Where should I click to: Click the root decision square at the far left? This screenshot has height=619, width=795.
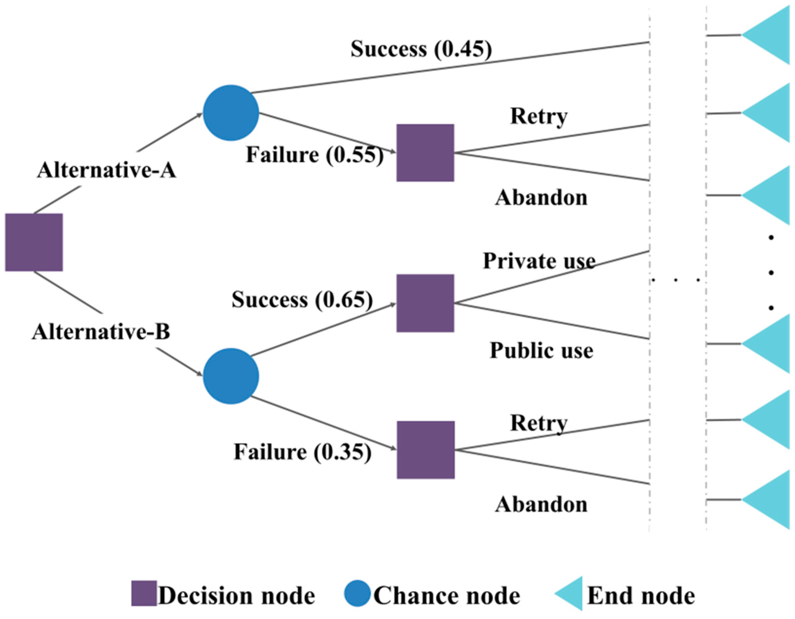pos(34,242)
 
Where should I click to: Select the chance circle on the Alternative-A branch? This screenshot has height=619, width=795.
pos(231,113)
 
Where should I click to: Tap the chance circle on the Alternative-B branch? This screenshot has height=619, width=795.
pos(231,376)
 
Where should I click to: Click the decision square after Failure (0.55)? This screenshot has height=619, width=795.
pos(425,153)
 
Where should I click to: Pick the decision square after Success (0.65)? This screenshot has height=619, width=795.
pos(425,303)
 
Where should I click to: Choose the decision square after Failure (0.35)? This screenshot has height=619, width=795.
pos(426,450)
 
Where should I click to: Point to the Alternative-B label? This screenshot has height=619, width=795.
pos(101,332)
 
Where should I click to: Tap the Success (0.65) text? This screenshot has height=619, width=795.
pos(302,300)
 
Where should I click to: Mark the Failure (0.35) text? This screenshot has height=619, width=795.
pos(302,452)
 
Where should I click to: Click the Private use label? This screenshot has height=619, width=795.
pos(539,261)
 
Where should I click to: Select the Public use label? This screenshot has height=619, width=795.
pos(541,351)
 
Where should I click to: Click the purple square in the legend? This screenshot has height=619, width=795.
pos(144,593)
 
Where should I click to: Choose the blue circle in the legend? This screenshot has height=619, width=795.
pos(357,593)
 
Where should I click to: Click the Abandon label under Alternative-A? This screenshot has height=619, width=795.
pos(541,198)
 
